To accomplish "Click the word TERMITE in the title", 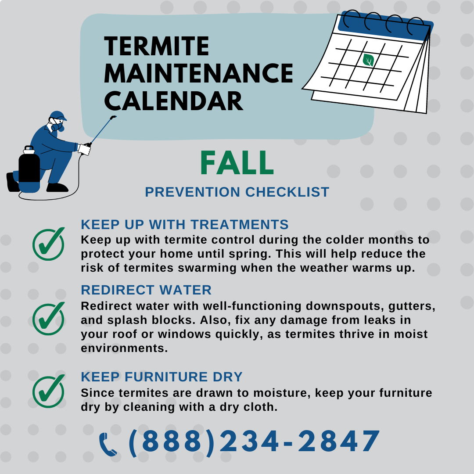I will (x=157, y=46).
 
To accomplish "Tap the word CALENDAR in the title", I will (x=173, y=100).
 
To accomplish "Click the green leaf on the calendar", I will (x=368, y=60).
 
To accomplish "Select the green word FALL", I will (x=237, y=163).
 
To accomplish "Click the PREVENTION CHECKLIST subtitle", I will (x=237, y=192).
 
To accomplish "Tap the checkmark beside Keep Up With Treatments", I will (x=48, y=244).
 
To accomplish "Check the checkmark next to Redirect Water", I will (x=48, y=318).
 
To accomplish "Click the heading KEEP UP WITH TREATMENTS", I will (x=185, y=225).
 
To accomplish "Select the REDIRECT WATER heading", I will (x=146, y=290).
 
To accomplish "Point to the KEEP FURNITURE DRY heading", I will (x=162, y=377).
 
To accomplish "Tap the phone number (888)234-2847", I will (x=255, y=442).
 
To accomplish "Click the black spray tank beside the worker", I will (x=29, y=170).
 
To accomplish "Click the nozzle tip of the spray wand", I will (x=113, y=118).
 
